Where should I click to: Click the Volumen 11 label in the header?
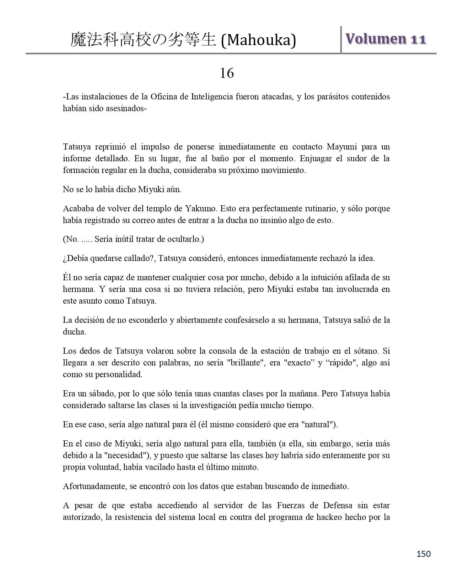385,39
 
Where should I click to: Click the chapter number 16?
227,74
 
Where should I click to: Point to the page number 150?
423,554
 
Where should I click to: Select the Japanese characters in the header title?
143,40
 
